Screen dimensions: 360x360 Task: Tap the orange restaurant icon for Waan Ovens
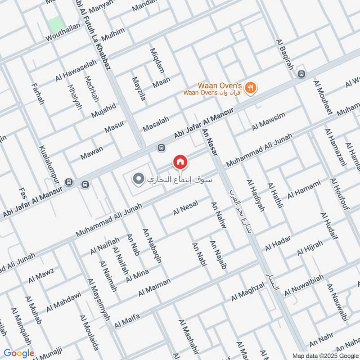point(252,88)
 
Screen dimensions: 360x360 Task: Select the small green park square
point(54,24)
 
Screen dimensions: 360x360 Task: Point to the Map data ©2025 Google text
point(324,355)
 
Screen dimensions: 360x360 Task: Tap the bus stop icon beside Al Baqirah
point(301,74)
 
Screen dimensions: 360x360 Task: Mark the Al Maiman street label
point(155,287)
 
